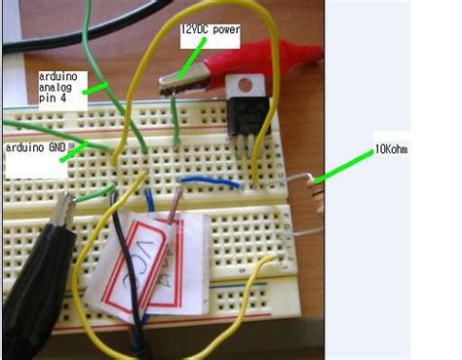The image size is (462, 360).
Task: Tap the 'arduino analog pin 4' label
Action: [60, 89]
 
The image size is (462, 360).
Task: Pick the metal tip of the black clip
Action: [64, 208]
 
